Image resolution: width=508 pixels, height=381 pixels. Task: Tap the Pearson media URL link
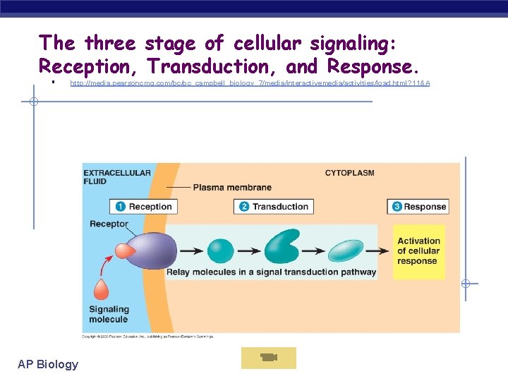(250, 84)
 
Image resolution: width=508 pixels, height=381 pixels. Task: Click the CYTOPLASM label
(349, 173)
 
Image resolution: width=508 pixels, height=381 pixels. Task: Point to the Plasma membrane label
(231, 188)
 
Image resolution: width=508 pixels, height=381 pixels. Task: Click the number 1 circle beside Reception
(120, 207)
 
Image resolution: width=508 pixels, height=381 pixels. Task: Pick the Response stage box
(418, 207)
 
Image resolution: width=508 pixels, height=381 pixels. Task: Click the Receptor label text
(109, 224)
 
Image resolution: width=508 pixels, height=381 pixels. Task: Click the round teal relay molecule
(220, 251)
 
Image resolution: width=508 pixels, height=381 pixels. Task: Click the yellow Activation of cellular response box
(418, 251)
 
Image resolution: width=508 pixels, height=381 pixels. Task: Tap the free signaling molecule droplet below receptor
(101, 290)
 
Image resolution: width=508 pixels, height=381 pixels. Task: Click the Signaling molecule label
(109, 314)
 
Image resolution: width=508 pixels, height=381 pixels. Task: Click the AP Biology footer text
(48, 364)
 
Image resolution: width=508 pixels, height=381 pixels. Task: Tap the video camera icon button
(268, 358)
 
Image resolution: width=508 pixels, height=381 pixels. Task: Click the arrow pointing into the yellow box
(381, 251)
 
